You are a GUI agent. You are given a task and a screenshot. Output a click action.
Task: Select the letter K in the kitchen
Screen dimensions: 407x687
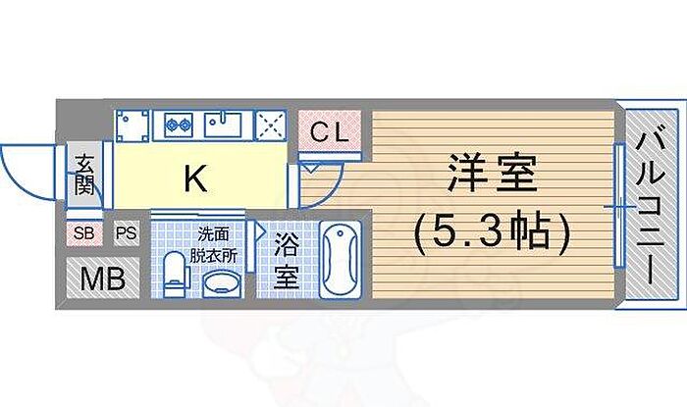coord(196,178)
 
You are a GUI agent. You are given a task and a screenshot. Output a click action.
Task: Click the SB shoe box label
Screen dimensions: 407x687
coord(83,233)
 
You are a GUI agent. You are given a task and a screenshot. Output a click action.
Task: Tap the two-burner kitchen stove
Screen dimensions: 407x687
coord(179,125)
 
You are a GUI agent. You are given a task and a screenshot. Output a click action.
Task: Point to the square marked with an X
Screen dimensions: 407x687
coord(269,125)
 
